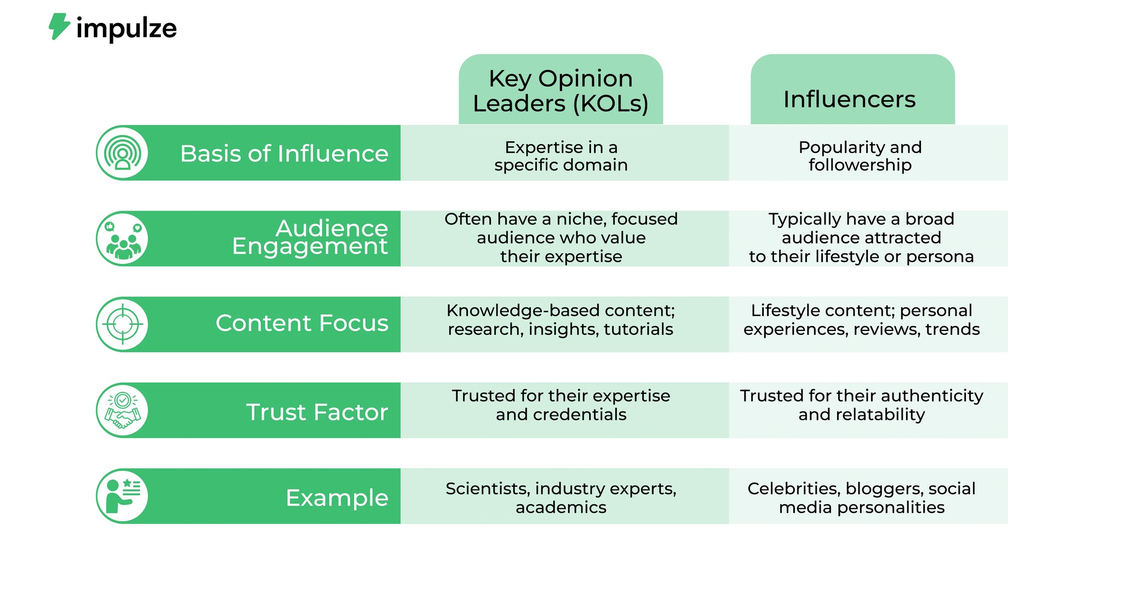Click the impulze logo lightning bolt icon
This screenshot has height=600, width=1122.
[x=59, y=26]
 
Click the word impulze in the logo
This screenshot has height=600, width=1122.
[x=127, y=28]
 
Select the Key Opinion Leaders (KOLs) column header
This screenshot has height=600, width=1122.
[x=560, y=90]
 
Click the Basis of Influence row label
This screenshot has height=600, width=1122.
[x=284, y=153]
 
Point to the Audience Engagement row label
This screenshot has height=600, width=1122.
[x=310, y=237]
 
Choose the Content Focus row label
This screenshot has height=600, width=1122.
[x=301, y=323]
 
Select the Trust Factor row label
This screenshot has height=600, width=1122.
[x=317, y=412]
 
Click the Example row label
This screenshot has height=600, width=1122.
[x=336, y=498]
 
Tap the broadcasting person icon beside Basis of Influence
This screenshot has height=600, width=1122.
[x=123, y=153]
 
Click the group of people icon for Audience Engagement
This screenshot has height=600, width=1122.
[x=123, y=239]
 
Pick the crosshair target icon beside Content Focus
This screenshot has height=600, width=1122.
[x=123, y=324]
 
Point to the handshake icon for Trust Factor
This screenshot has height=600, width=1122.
[x=123, y=410]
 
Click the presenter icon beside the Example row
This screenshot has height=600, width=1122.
[x=123, y=496]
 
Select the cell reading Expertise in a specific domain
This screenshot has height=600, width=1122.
[x=561, y=156]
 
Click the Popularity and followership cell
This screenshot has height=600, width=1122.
[x=860, y=156]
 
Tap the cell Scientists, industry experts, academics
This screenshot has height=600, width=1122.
[x=561, y=498]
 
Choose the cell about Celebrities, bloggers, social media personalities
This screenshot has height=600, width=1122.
[x=861, y=498]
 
